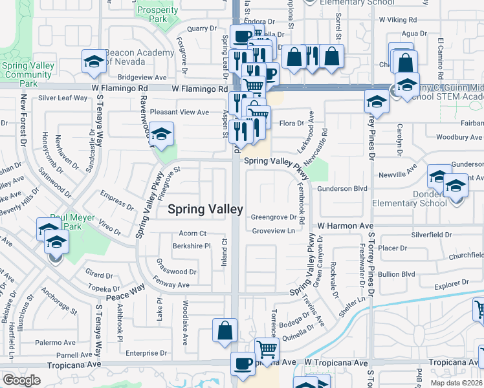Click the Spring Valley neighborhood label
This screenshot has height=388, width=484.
coord(206,209)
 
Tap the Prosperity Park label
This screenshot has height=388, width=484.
coord(157,13)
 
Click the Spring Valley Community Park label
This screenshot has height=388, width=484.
coord(27,74)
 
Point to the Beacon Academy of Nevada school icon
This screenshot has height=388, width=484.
coord(94,61)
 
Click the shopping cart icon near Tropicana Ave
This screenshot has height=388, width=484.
coord(267,350)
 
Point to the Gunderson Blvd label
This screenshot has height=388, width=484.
coord(342,189)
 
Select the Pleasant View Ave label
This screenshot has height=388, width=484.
coord(179,112)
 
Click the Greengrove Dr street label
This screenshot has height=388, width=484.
coord(273,217)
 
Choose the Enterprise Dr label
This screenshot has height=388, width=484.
coord(147,353)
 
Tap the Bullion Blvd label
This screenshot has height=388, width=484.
coord(397,274)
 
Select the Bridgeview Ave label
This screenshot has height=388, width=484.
coord(143,77)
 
